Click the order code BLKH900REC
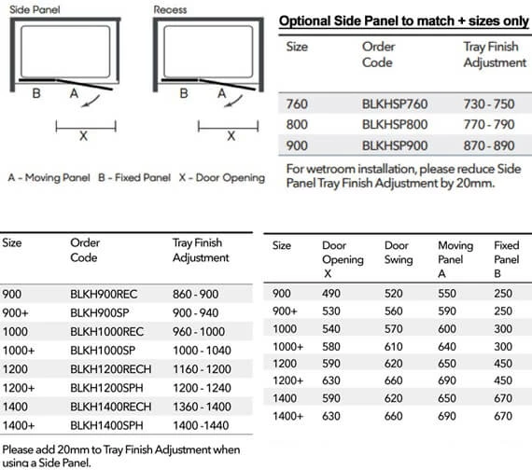[x=104, y=293]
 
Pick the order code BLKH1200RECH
[x=111, y=370]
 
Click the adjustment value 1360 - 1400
[x=203, y=407]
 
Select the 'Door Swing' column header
[x=399, y=253]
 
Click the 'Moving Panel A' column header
[x=455, y=260]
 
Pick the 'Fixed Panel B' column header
[x=506, y=260]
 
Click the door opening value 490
[x=331, y=293]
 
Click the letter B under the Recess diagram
[x=184, y=93]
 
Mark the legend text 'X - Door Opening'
[x=220, y=177]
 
